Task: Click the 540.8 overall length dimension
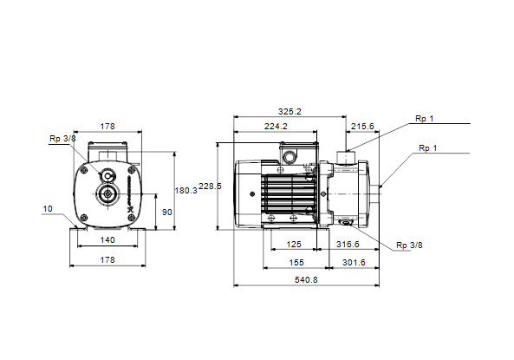pos(306,280)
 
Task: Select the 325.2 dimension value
pos(290,112)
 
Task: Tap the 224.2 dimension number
pos(276,127)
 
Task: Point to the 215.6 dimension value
pos(362,127)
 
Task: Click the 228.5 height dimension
pos(210,187)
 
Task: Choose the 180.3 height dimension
pos(185,191)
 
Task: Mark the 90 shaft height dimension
pos(166,213)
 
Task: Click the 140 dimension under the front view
pos(107,240)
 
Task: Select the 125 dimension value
pos(293,245)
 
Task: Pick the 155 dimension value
pos(296,263)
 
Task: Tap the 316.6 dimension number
pos(348,245)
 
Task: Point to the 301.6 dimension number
pos(354,263)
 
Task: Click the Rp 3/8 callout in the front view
pos(62,139)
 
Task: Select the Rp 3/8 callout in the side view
pos(409,245)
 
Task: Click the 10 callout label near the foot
pos(48,209)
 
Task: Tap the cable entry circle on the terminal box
pos(290,156)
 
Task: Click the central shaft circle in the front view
pos(107,194)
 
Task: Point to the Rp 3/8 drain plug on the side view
pos(346,223)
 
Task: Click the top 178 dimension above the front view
pos(107,127)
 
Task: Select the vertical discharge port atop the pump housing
pos(346,158)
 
